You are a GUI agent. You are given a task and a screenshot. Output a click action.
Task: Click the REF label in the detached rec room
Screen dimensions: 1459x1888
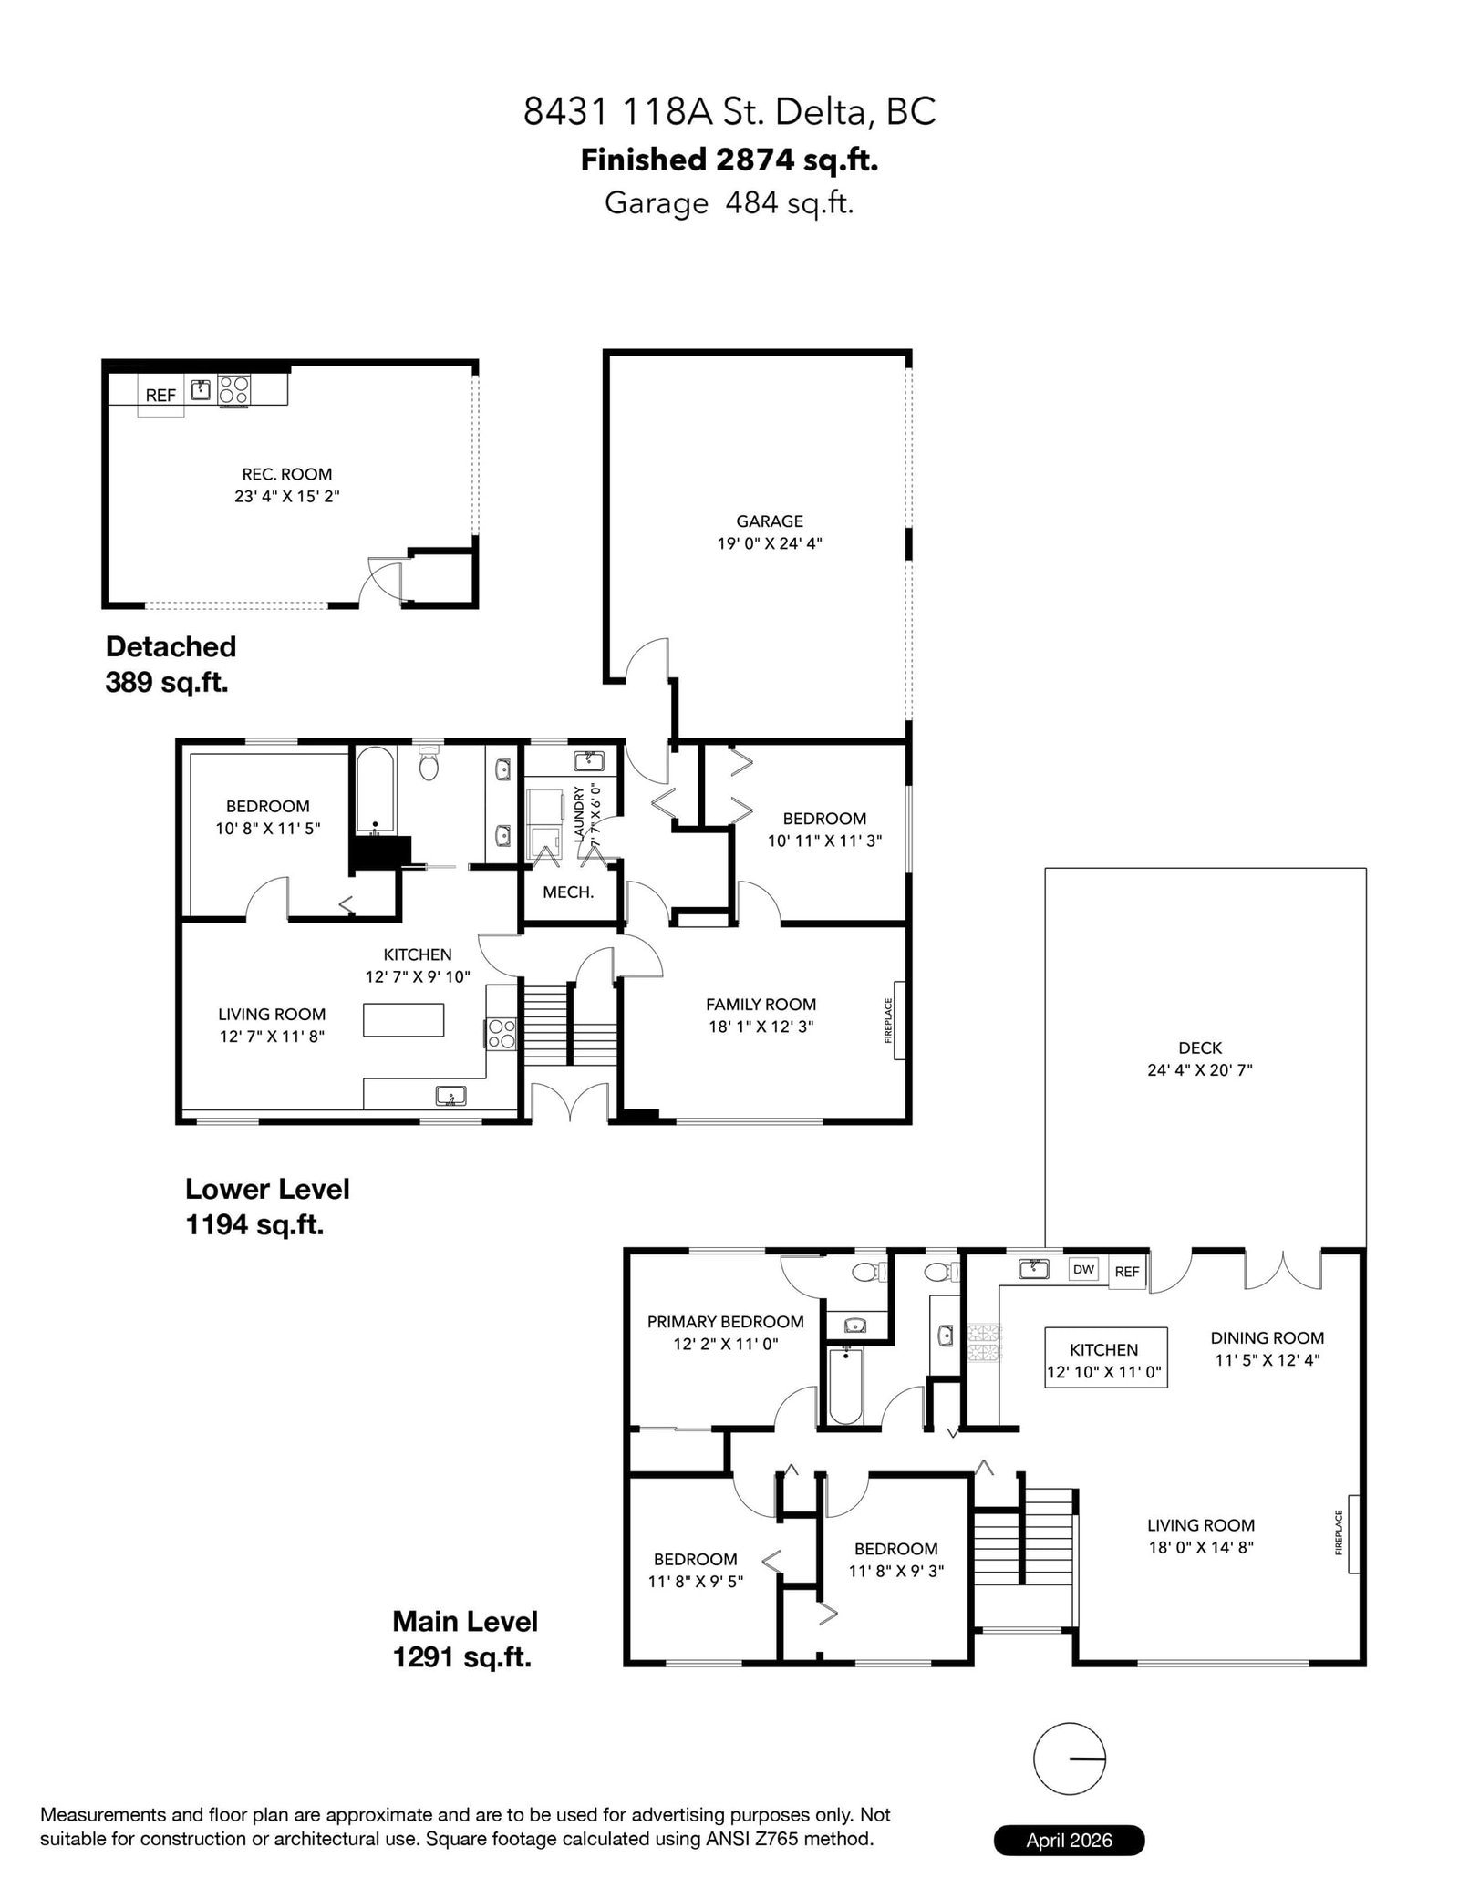coord(160,396)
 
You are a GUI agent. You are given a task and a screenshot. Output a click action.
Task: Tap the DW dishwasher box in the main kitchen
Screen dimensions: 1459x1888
coord(1083,1269)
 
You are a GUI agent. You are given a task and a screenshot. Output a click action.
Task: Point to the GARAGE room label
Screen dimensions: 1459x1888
coord(770,521)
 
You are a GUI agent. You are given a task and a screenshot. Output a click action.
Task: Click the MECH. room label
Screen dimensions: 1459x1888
coord(568,892)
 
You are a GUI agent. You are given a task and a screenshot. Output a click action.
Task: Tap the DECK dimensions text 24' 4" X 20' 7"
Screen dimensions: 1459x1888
coord(1200,1070)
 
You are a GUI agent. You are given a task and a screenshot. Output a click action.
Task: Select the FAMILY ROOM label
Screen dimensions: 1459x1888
coord(761,1005)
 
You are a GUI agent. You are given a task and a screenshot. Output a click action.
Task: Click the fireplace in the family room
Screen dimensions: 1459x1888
coord(899,1021)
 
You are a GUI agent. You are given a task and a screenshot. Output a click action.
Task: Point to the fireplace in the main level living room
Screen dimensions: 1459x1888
coord(1354,1534)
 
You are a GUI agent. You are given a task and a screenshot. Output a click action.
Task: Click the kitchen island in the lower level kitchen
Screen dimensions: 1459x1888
coord(404,1020)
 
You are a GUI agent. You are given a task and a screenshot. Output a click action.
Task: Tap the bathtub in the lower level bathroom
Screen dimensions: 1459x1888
coord(374,790)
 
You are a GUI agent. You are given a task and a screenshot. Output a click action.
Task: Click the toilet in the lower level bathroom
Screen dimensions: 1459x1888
coord(429,764)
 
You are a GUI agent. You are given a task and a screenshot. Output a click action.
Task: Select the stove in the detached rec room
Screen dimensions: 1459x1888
coord(233,390)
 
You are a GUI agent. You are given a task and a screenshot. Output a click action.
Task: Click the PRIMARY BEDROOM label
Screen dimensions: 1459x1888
coord(726,1322)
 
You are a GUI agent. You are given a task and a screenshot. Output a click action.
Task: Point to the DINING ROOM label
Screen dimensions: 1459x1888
coord(1268,1338)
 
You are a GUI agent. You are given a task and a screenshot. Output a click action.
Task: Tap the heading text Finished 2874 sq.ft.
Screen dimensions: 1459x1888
coord(729,160)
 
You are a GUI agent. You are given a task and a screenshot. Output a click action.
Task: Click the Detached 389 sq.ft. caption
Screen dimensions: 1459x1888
coord(171,664)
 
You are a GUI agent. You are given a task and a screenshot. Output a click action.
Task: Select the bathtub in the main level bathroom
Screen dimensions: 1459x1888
coord(845,1387)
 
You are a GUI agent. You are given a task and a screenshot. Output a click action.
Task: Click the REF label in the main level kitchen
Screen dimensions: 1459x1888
coord(1127,1272)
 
